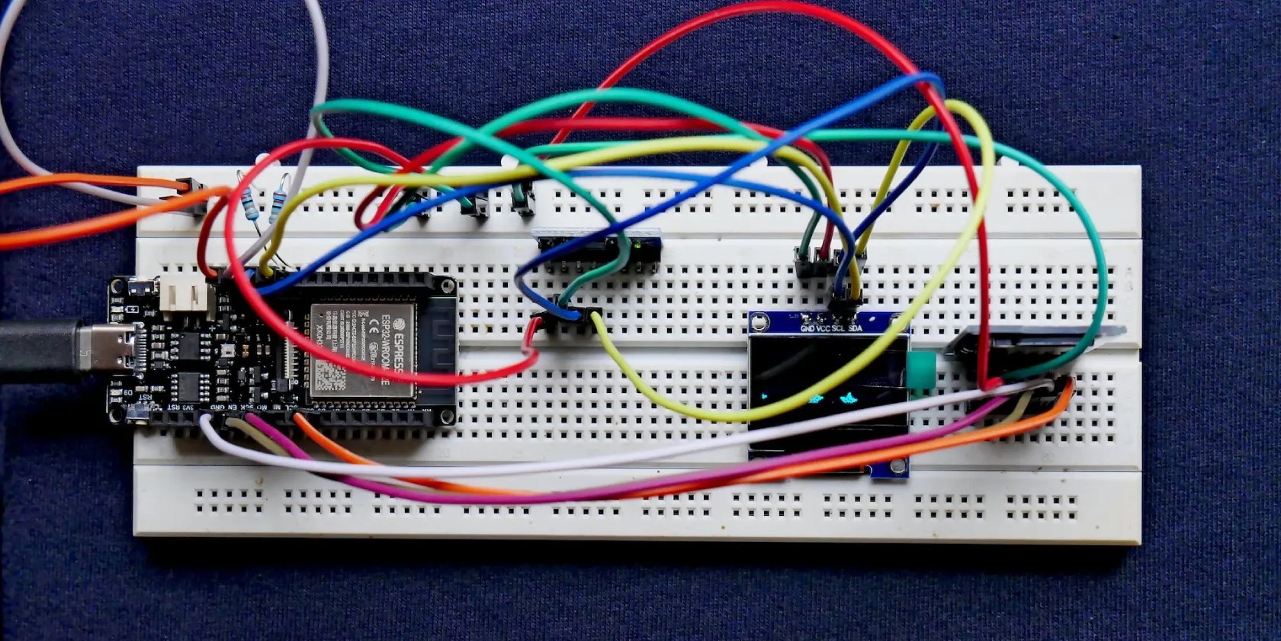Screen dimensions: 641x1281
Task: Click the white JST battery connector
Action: click(183, 295)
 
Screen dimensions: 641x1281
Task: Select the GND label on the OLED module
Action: click(808, 329)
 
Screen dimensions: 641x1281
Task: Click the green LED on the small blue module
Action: click(635, 245)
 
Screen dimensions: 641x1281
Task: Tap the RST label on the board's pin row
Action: click(177, 408)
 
